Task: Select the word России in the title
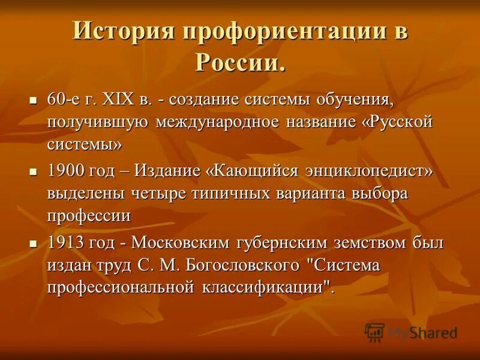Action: point(239,61)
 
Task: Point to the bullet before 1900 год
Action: point(34,171)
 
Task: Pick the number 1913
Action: point(65,244)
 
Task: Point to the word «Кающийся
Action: point(252,171)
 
